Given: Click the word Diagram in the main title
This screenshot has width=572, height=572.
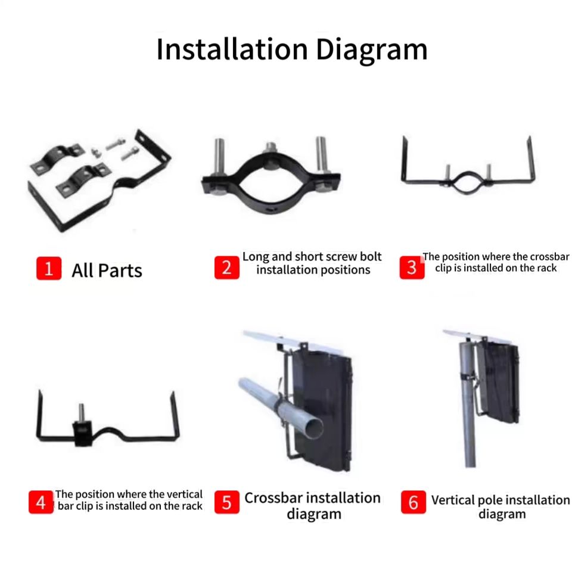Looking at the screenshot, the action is [x=372, y=50].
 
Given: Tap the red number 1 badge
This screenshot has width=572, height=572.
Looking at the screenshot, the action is [x=48, y=269].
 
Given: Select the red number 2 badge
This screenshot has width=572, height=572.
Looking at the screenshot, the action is [x=226, y=268].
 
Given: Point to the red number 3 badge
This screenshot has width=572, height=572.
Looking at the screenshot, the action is [x=412, y=268].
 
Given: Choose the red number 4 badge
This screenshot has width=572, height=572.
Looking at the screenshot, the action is [x=41, y=502].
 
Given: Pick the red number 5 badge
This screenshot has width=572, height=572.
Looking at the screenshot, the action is [x=226, y=502].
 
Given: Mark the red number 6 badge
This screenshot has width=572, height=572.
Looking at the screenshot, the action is [x=413, y=502].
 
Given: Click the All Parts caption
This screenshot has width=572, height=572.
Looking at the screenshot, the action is [x=107, y=271].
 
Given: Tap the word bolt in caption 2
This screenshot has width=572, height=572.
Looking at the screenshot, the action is [x=371, y=257].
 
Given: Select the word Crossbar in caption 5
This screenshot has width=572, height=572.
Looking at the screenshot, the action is [x=273, y=498].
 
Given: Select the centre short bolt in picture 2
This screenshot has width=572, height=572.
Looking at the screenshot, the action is [x=271, y=148].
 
